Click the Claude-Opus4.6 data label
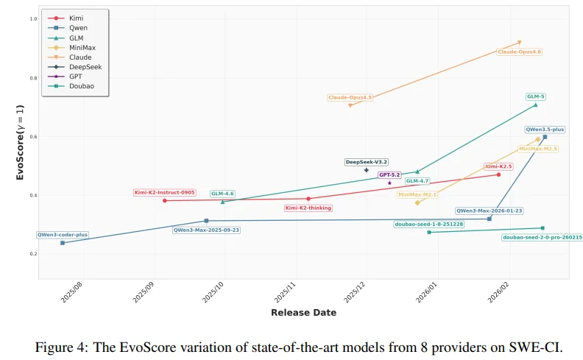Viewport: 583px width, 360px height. [x=520, y=52]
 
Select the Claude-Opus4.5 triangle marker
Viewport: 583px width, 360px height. [x=350, y=105]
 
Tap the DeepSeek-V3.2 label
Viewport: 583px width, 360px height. [x=367, y=162]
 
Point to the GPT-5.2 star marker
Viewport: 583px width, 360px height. [x=390, y=183]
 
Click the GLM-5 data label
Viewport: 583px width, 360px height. [x=536, y=96]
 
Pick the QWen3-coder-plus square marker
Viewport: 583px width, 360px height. [x=63, y=242]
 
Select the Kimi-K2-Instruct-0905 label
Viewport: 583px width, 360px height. [x=165, y=192]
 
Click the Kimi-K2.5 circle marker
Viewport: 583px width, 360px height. [x=498, y=174]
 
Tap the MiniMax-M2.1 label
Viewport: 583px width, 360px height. [x=417, y=195]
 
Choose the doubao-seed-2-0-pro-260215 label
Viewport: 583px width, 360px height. [x=543, y=237]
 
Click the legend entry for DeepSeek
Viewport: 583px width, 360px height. [x=85, y=66]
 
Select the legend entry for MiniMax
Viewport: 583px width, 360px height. [x=82, y=47]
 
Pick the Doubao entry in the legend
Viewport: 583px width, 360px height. [x=81, y=85]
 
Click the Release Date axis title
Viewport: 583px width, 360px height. [x=303, y=313]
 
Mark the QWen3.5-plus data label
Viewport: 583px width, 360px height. [x=545, y=129]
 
